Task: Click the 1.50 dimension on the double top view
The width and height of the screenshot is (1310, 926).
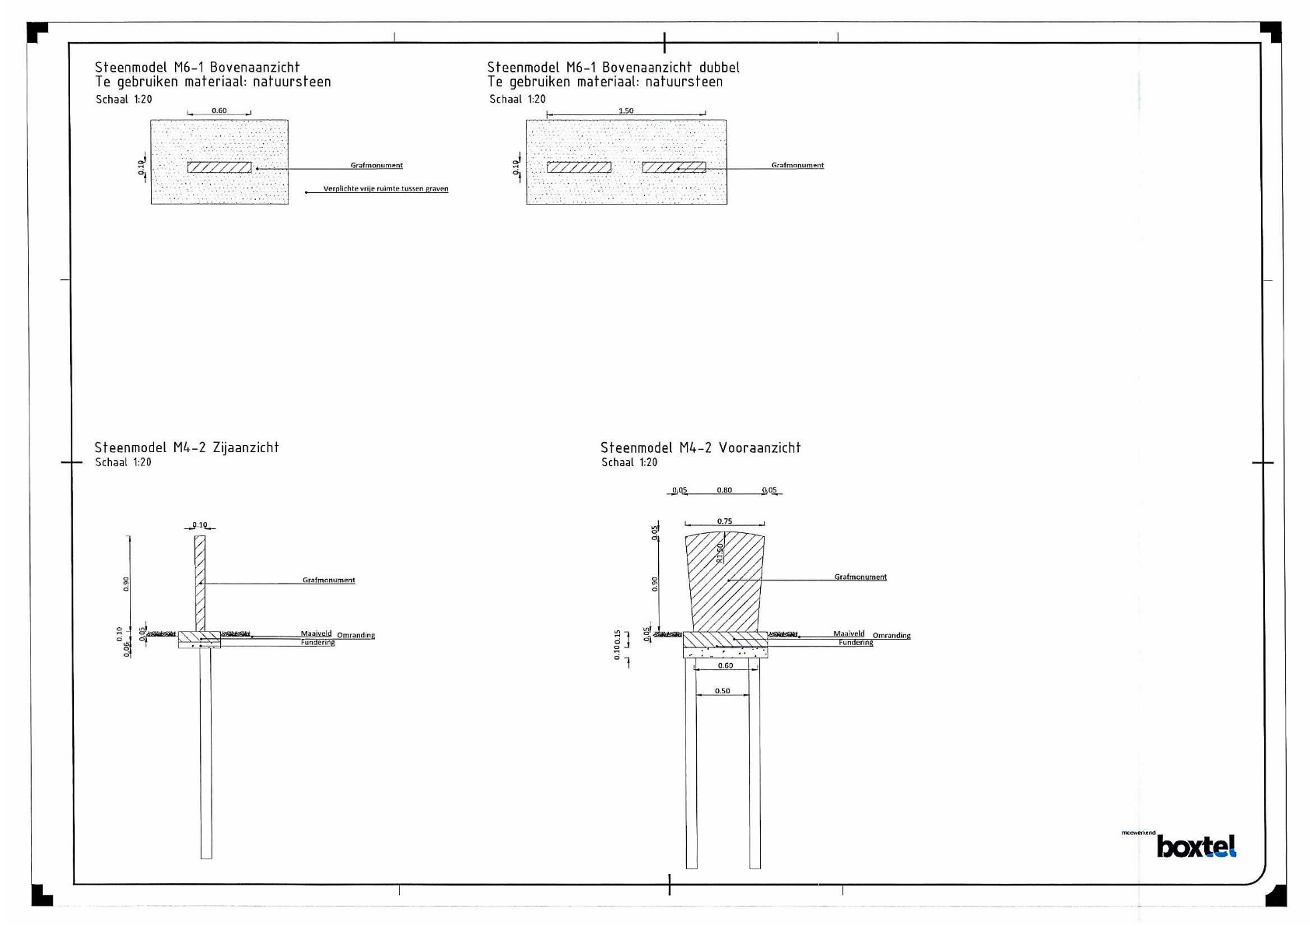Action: point(625,110)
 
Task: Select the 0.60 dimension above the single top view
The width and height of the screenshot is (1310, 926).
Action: point(219,110)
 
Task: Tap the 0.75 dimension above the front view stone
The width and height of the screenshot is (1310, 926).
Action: point(724,521)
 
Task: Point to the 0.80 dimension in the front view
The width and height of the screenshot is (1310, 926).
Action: point(724,490)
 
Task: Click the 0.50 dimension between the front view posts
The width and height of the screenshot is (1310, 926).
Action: point(723,691)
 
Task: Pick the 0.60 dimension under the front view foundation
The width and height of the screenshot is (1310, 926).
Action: point(725,665)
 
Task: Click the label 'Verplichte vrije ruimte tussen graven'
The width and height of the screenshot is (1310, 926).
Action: point(386,189)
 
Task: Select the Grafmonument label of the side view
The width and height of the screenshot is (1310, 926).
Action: point(328,581)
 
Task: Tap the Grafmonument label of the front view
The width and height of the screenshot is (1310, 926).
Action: point(860,577)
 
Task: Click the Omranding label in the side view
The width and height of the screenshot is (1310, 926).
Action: point(356,636)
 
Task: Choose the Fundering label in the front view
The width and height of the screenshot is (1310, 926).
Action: point(856,643)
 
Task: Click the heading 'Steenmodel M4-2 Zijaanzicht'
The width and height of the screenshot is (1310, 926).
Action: point(187,447)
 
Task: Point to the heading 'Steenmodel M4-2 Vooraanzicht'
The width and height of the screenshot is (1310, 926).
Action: point(700,447)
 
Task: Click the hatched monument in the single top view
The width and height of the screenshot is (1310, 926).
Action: point(219,167)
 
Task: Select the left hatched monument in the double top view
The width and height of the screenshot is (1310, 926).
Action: point(579,167)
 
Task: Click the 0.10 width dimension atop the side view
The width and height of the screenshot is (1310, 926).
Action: point(200,525)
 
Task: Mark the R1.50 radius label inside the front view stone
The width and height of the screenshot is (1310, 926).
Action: point(720,552)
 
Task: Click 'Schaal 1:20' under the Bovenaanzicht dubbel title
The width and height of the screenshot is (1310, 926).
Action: point(517,99)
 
